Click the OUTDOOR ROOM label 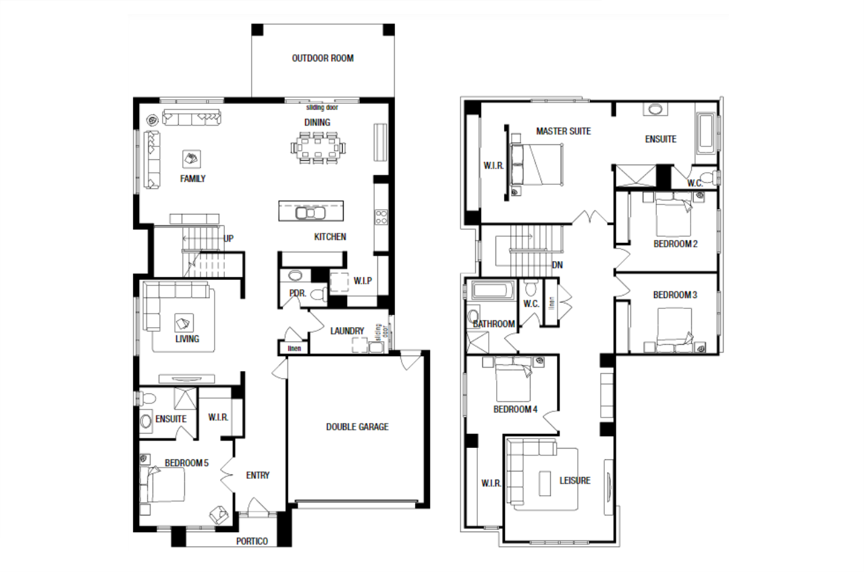pos(323,58)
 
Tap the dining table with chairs pos(318,148)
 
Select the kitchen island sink pos(310,213)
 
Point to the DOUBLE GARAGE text pos(357,427)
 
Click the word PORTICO pos(252,541)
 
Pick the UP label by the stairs pos(228,239)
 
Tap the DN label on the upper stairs pos(558,265)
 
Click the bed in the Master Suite pos(536,165)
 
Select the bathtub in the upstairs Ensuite pos(706,133)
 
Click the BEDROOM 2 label pos(676,244)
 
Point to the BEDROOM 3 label pos(675,295)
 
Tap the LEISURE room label pos(574,480)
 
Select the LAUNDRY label pos(347,331)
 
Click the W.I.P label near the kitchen pos(362,281)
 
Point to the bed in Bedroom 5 pos(162,484)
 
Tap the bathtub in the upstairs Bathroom pos(493,290)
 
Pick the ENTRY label pos(258,476)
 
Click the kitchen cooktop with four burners pos(381,217)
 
